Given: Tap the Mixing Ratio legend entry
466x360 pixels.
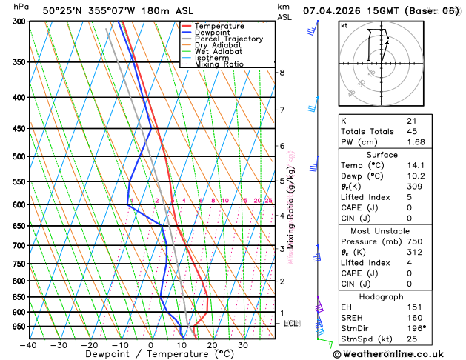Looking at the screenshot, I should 219,64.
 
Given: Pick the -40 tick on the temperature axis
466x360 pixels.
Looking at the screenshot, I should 28,344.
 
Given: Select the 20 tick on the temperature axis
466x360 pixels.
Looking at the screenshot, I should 212,344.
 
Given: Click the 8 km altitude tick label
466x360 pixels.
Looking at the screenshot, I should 282,73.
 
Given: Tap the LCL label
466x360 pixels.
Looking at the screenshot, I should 291,324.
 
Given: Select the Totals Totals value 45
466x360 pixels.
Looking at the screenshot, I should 412,131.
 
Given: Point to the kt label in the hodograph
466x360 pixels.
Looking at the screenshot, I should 344,25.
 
